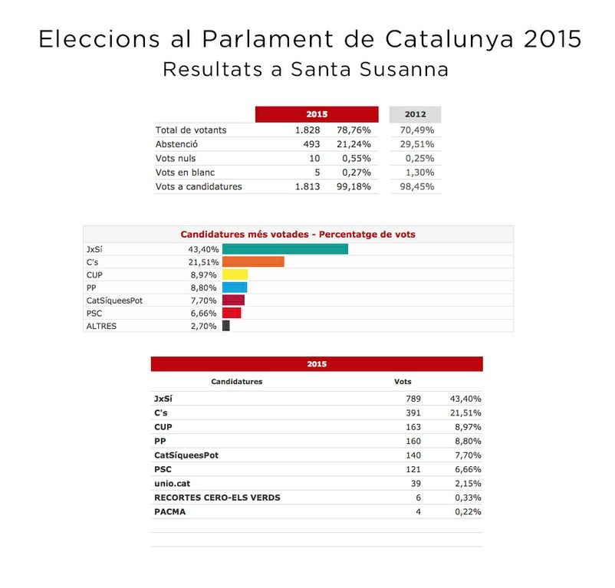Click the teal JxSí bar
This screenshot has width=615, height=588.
coord(284,249)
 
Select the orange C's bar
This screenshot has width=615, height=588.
coord(253,262)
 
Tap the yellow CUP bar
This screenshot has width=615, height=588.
coord(235,274)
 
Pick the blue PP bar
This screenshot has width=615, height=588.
coord(235,287)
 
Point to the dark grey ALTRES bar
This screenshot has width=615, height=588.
coord(225,326)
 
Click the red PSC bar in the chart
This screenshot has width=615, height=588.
coord(232,313)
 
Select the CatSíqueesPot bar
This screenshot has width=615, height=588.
coord(233,301)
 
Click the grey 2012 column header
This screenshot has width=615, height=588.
coord(415,114)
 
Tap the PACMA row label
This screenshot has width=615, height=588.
coord(169,511)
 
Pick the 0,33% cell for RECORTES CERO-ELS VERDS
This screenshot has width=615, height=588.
coord(466,498)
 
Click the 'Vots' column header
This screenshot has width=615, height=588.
coord(402,381)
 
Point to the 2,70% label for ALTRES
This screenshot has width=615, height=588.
coord(203,326)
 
